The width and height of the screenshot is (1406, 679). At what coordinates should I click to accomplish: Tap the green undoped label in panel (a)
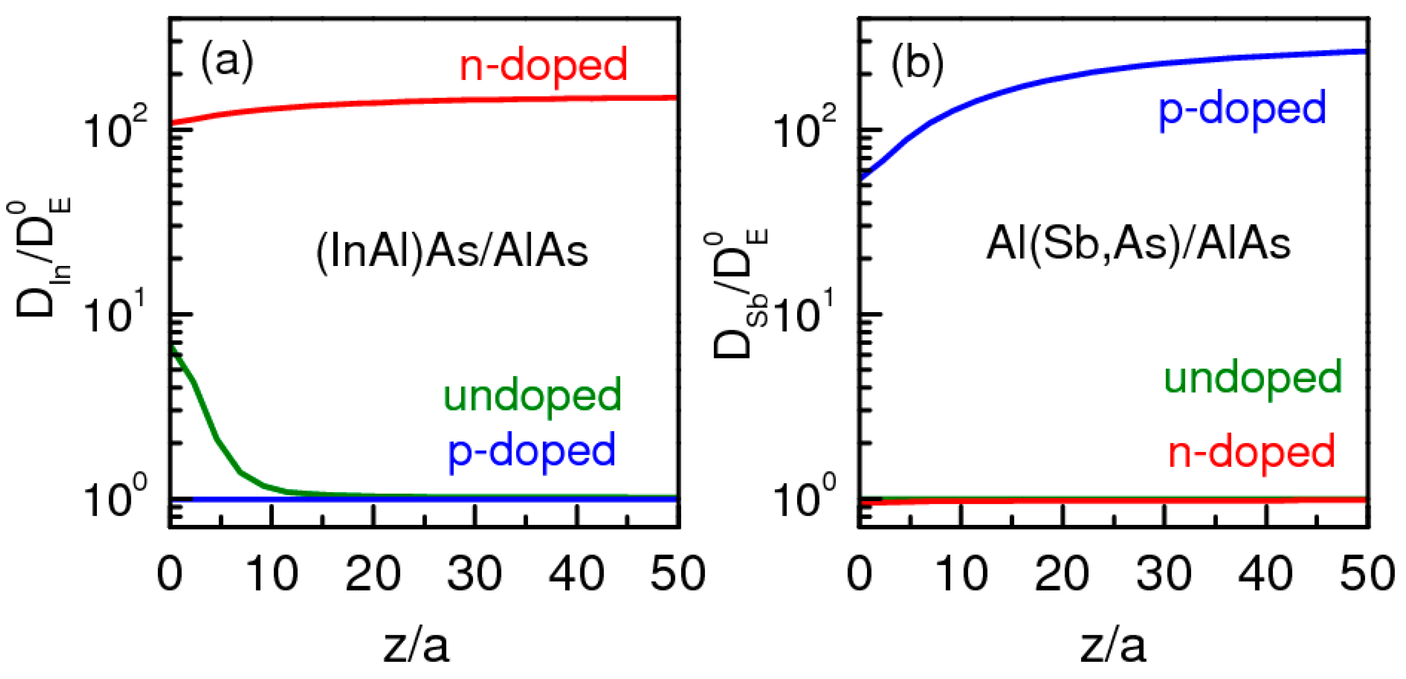click(x=532, y=395)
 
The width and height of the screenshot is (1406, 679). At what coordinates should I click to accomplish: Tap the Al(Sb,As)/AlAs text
click(x=1138, y=244)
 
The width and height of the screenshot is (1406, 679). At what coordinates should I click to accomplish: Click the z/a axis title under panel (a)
click(x=416, y=646)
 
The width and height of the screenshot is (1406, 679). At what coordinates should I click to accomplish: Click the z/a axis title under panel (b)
click(x=1114, y=646)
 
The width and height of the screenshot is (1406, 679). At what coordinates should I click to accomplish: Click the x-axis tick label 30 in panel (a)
click(x=474, y=573)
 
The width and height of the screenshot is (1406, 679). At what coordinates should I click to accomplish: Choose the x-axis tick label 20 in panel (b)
click(x=1061, y=573)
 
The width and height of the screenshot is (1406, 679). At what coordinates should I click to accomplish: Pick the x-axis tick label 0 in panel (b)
click(x=860, y=573)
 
